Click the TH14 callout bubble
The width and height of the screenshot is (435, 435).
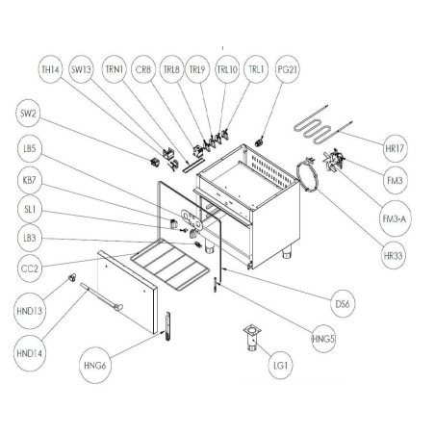coord(49,70)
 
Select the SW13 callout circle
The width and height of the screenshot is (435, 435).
coord(82,70)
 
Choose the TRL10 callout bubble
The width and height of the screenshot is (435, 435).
coord(227,70)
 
